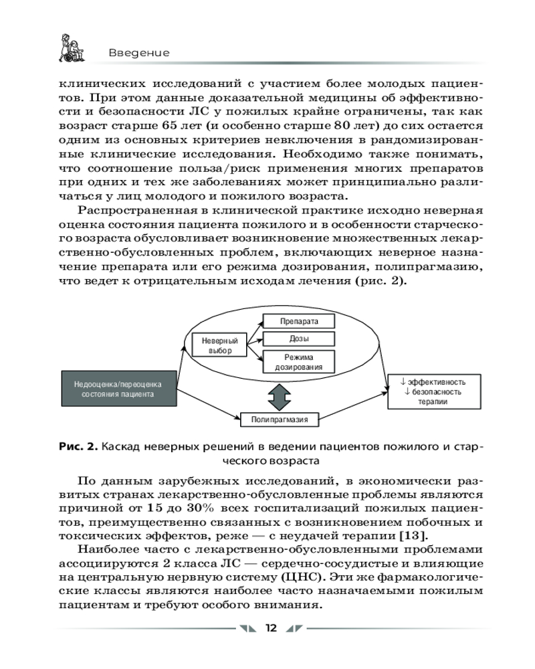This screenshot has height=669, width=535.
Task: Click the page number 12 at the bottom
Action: coord(270,628)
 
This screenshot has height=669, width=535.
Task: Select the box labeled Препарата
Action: coord(298,322)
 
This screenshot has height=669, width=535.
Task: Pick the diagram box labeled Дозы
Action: coord(298,339)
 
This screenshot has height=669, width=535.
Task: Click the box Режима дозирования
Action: coord(298,361)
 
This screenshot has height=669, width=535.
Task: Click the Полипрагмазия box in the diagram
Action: coord(280,419)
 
